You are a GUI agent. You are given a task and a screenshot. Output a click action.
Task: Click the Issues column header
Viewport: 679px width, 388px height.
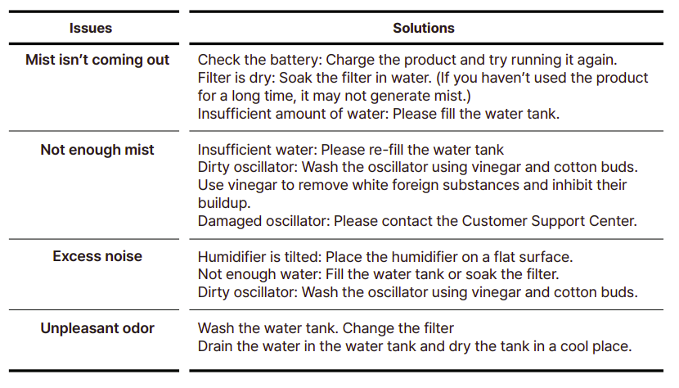pyautogui.click(x=91, y=28)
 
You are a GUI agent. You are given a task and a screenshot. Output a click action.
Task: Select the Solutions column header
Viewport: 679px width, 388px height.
pyautogui.click(x=424, y=28)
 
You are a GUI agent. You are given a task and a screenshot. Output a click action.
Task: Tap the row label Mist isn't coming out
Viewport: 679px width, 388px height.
pyautogui.click(x=97, y=60)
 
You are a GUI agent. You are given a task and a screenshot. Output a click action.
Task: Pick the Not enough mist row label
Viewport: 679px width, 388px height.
pyautogui.click(x=97, y=150)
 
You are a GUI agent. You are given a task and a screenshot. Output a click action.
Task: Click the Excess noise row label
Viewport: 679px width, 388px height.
pyautogui.click(x=97, y=256)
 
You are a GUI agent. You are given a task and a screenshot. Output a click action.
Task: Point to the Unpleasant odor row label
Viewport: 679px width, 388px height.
pyautogui.click(x=97, y=328)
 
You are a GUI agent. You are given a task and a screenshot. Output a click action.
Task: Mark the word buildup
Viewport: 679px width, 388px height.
pyautogui.click(x=222, y=203)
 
